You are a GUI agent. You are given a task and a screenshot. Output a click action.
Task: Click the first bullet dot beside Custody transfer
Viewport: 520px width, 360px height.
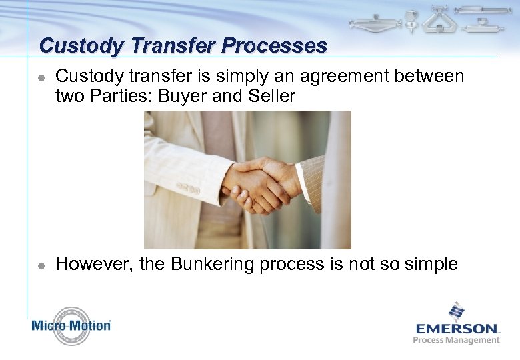(x=41, y=78)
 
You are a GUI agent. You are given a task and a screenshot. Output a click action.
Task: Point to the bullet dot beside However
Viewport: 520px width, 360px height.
(x=41, y=265)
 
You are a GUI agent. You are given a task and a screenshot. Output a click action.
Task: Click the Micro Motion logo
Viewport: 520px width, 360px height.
(x=71, y=326)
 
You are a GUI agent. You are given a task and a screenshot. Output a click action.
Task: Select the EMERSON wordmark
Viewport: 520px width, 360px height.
(x=457, y=328)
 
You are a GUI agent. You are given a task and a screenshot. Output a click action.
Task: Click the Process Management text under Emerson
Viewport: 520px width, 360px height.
(x=457, y=340)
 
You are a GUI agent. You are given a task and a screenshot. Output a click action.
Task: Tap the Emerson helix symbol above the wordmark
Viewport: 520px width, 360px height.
(x=456, y=311)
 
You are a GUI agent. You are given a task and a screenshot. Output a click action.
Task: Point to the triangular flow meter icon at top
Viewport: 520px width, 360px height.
(x=440, y=20)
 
